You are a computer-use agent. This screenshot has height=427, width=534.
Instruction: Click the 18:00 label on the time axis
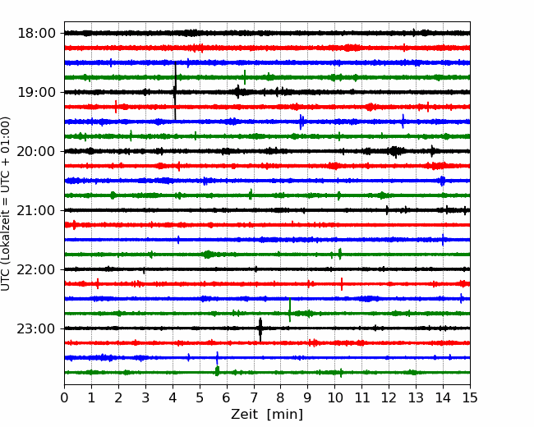[x=36, y=34]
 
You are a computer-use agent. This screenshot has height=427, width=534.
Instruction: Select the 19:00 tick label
[x=36, y=92]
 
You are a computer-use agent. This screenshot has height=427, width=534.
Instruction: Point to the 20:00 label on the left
[x=36, y=151]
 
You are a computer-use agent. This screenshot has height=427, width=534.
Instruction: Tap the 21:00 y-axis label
[x=36, y=210]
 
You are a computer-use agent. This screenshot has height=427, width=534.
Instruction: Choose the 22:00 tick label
[x=36, y=269]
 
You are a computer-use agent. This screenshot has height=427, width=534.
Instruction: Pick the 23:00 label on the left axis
[x=36, y=328]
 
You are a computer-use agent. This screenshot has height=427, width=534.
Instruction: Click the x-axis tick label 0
[x=64, y=397]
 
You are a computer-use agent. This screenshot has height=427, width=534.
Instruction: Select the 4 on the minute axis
[x=173, y=397]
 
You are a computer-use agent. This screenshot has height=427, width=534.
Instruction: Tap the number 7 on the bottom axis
[x=254, y=397]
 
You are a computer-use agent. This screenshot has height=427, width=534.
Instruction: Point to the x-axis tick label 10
[x=334, y=397]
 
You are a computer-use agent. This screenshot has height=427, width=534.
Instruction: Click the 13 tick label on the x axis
[x=416, y=397]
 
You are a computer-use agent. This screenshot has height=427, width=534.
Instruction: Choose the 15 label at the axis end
[x=470, y=397]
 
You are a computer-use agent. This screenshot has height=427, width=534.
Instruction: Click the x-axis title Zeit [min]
[x=267, y=414]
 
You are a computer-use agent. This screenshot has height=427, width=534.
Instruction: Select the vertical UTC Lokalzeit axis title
[x=6, y=204]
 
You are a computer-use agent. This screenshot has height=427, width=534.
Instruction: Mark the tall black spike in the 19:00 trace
[x=175, y=91]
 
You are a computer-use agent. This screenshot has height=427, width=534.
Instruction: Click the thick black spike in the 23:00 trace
[x=260, y=329]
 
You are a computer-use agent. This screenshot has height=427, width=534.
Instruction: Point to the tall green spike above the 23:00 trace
[x=290, y=310]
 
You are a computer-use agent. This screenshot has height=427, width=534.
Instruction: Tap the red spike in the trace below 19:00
[x=116, y=107]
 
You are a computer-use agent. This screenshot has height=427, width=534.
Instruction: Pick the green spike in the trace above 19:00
[x=245, y=77]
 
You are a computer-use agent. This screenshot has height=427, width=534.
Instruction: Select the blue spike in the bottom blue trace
[x=217, y=358]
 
